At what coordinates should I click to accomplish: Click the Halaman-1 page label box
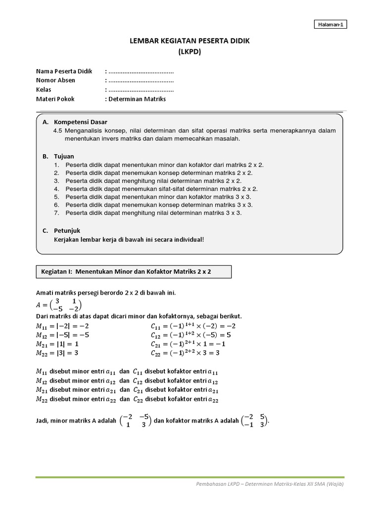[x=330, y=25]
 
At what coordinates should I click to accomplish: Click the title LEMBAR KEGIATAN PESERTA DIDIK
[x=190, y=41]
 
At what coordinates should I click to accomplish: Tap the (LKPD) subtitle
[x=190, y=51]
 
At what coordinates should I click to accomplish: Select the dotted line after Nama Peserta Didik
[x=141, y=72]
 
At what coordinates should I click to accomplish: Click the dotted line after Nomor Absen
[x=141, y=81]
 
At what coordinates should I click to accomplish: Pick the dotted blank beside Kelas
[x=141, y=90]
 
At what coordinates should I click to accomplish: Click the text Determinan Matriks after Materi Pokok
[x=137, y=99]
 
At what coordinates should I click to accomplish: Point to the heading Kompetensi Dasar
[x=80, y=122]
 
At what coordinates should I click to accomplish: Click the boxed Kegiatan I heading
[x=133, y=272]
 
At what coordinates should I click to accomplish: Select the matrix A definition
[x=59, y=304]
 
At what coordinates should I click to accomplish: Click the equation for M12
[x=63, y=335]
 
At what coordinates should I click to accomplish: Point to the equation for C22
[x=185, y=353]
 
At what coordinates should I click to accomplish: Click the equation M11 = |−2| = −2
[x=62, y=326]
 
